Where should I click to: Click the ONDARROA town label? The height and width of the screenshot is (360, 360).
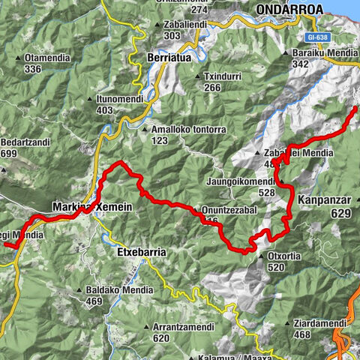tap(289, 9)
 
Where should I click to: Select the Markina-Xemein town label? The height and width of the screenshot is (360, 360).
tap(92, 206)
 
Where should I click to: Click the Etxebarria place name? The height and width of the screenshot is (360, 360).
tap(142, 253)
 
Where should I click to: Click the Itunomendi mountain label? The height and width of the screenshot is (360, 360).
tap(120, 98)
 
